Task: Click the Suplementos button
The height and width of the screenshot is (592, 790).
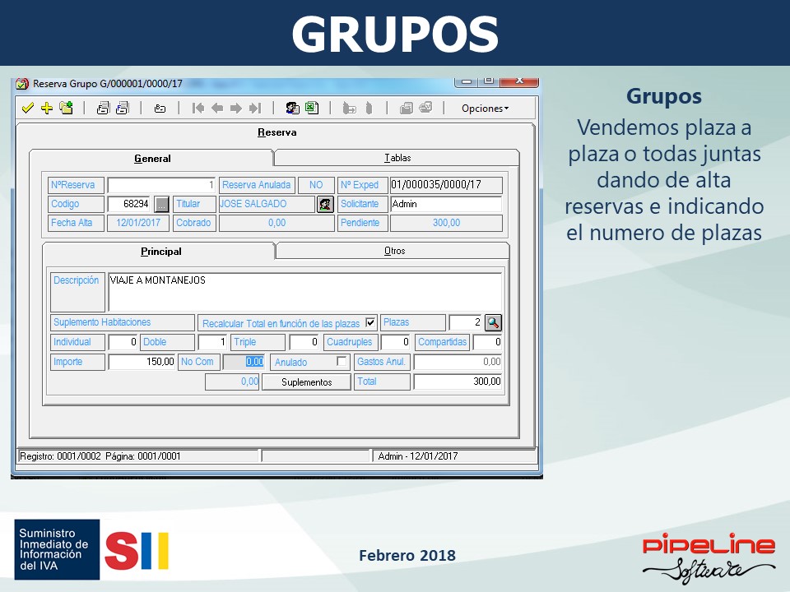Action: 306,382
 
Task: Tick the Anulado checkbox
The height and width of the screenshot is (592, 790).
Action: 342,362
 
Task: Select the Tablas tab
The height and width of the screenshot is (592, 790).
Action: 397,158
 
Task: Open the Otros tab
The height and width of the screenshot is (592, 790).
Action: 394,251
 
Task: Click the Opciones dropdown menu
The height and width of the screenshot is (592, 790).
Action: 485,109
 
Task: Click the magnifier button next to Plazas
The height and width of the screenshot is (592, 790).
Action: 493,322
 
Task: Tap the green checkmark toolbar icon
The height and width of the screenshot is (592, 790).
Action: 28,108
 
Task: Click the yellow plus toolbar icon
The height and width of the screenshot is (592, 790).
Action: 47,108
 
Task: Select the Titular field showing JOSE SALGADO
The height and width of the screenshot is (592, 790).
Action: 267,204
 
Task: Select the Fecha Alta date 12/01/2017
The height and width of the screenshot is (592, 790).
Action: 138,223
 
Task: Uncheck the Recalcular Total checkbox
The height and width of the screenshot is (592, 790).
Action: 370,322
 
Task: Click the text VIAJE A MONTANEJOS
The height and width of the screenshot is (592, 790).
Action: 158,280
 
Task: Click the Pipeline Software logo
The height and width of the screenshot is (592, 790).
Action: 709,557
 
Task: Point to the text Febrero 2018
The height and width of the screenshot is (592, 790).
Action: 407,555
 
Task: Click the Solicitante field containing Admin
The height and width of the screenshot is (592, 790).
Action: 446,204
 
